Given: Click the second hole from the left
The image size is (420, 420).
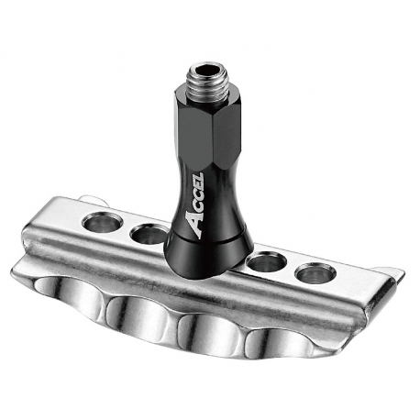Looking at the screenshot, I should click(149, 235).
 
